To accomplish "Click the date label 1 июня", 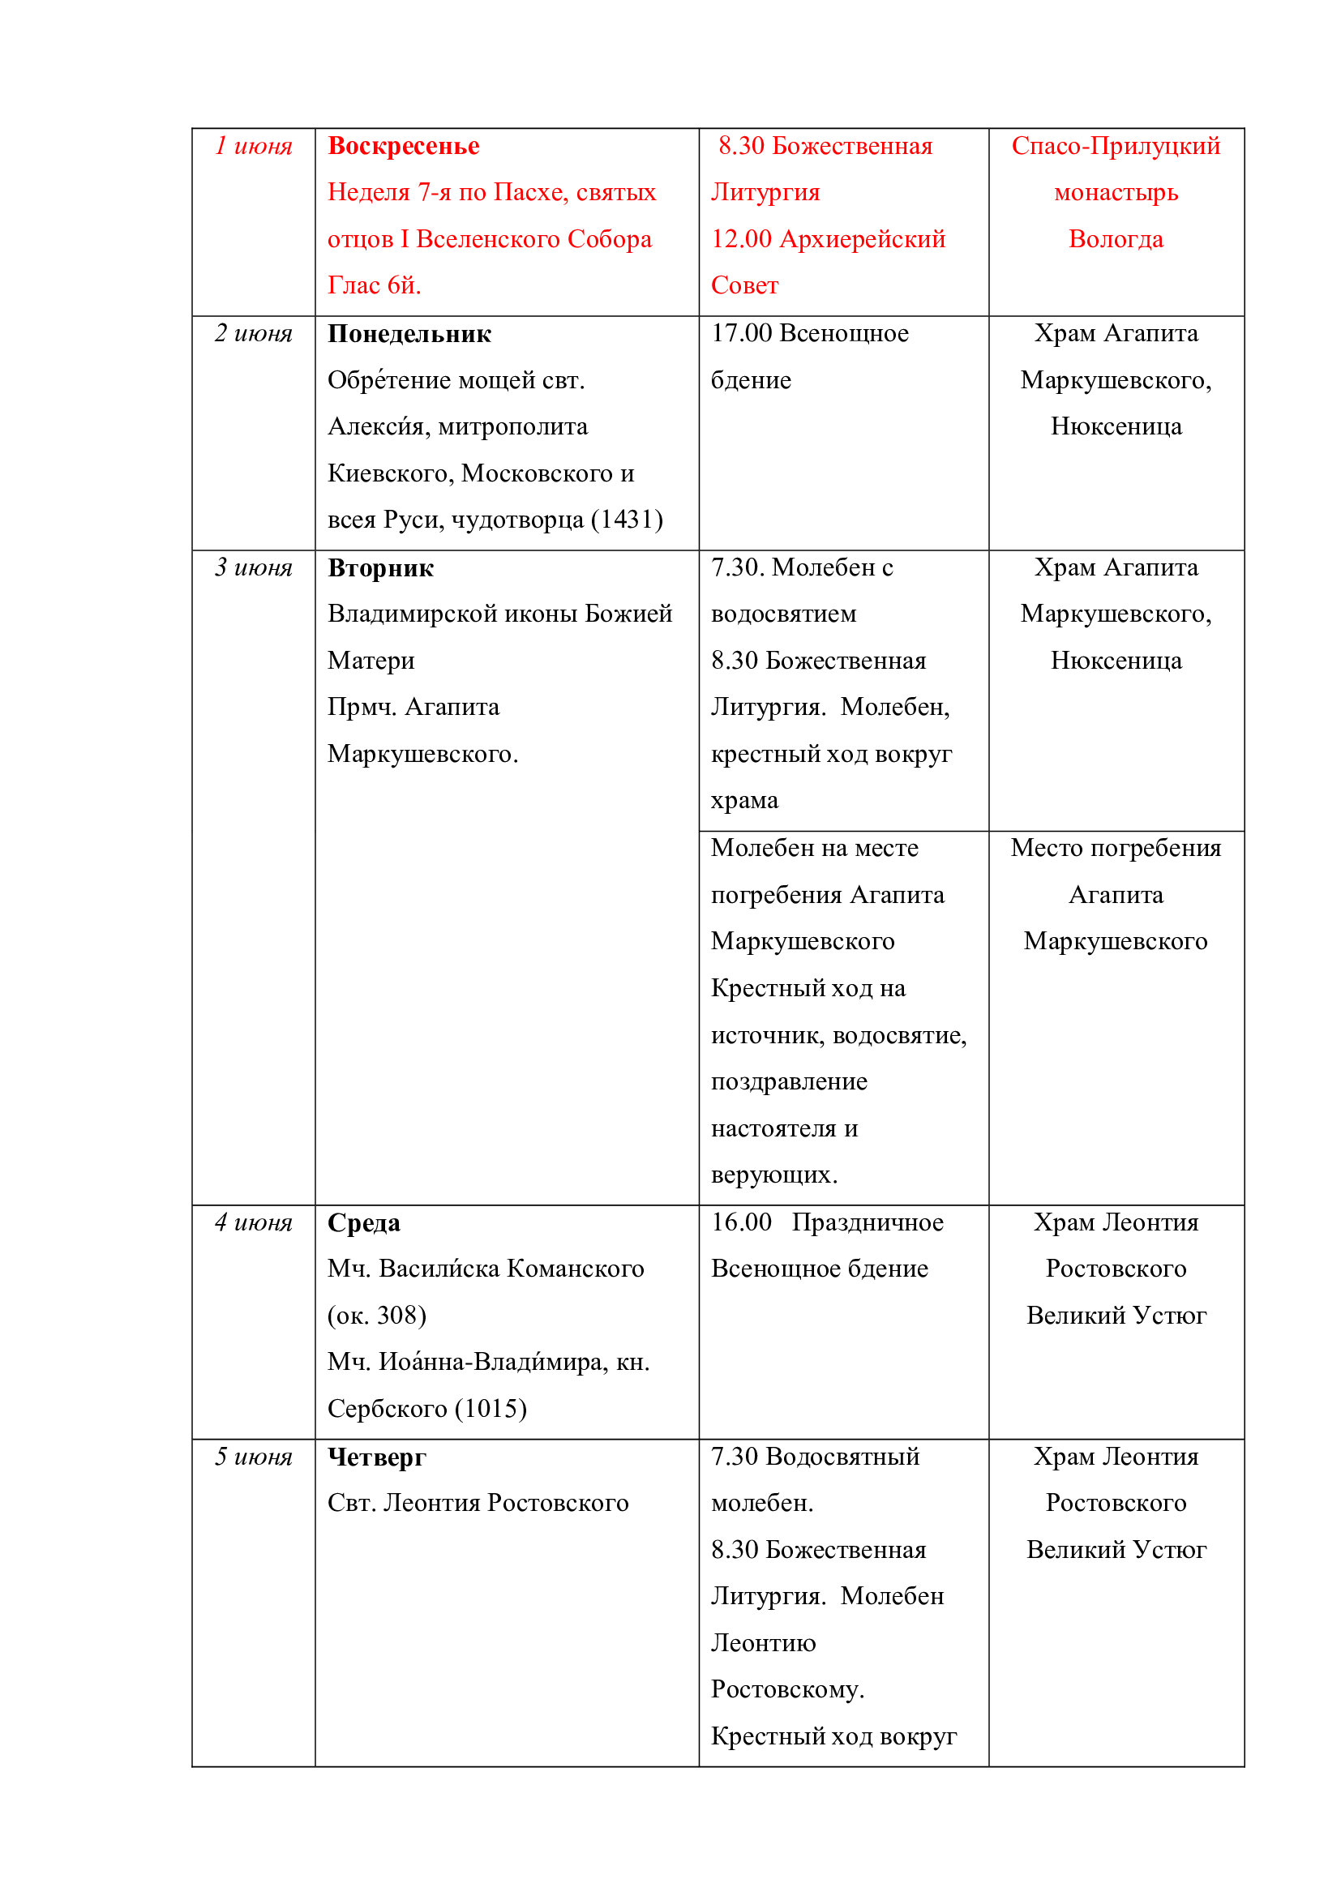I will (254, 146).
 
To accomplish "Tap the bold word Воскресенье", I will (403, 146).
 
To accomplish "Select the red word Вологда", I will (1116, 239).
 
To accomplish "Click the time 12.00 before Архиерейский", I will (741, 239).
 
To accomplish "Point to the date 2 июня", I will (254, 334).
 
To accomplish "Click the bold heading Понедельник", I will (409, 334).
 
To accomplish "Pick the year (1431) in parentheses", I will (627, 520).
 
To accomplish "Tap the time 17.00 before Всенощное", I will (741, 334).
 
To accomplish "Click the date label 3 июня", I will (254, 567).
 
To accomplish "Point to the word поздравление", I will (789, 1082).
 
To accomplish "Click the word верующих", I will (773, 1175).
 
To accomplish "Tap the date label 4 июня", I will (254, 1222).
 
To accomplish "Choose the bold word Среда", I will (363, 1223).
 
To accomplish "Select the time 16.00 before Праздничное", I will (741, 1222).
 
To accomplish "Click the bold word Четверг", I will (376, 1457).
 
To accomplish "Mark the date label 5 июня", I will (254, 1457).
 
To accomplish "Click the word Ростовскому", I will (787, 1689).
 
